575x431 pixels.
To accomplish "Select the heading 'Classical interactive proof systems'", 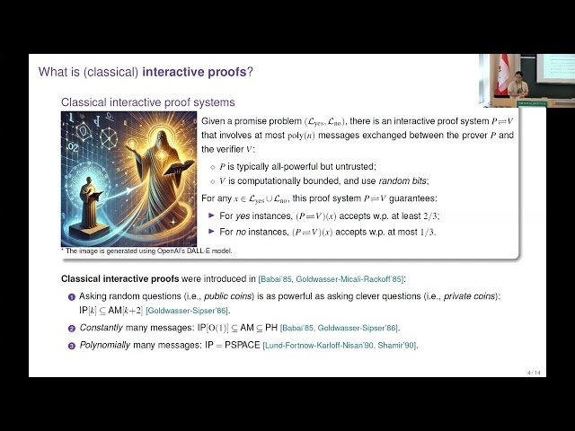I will pyautogui.click(x=147, y=102).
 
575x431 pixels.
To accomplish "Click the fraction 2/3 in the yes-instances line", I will pyautogui.click(x=430, y=216).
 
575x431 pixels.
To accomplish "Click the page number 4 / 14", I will pyautogui.click(x=534, y=372).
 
